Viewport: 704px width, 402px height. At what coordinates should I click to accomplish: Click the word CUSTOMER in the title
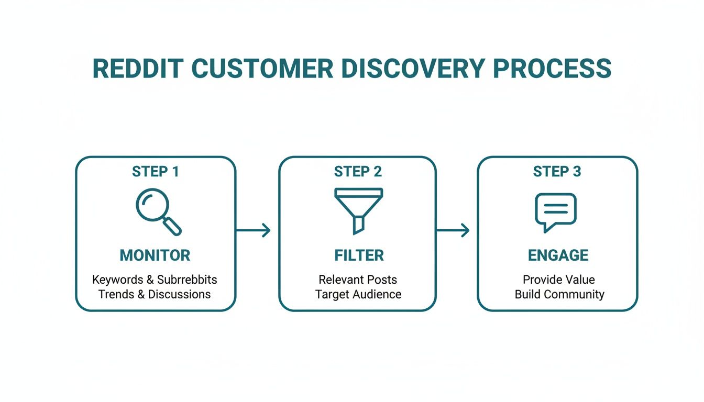click(262, 69)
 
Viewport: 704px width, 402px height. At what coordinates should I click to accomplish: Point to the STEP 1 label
click(156, 172)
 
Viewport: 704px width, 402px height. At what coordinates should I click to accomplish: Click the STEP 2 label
click(358, 172)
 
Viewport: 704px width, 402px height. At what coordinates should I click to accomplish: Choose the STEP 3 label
click(557, 172)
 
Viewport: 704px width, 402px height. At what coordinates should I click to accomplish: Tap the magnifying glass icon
click(158, 211)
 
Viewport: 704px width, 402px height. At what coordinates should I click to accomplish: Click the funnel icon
click(358, 209)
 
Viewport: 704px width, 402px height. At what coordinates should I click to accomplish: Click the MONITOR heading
click(155, 255)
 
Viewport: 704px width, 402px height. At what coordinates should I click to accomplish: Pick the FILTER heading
click(359, 255)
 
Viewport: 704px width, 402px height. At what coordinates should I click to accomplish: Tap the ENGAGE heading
click(558, 255)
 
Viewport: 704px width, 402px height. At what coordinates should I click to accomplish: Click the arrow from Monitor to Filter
click(254, 230)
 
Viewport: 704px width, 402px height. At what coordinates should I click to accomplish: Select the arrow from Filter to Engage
click(453, 230)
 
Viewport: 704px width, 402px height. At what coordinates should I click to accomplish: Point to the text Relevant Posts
click(358, 280)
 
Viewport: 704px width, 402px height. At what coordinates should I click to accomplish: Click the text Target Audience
click(358, 294)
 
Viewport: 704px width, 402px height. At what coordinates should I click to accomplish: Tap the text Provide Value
click(559, 280)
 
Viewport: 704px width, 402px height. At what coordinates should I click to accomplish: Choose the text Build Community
click(559, 294)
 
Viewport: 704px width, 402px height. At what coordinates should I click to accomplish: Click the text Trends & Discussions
click(155, 294)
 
